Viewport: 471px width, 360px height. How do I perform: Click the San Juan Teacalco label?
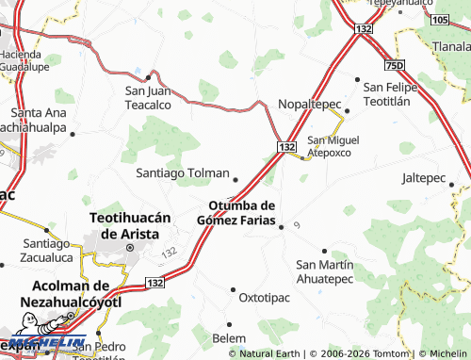149,97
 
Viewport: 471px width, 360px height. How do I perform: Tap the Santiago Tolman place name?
182,173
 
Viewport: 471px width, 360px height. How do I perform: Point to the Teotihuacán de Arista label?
130,225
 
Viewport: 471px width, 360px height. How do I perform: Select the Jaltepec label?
423,177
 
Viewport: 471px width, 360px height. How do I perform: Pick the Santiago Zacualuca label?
46,249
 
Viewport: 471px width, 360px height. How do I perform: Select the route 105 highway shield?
439,19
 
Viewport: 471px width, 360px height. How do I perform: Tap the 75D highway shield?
395,65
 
